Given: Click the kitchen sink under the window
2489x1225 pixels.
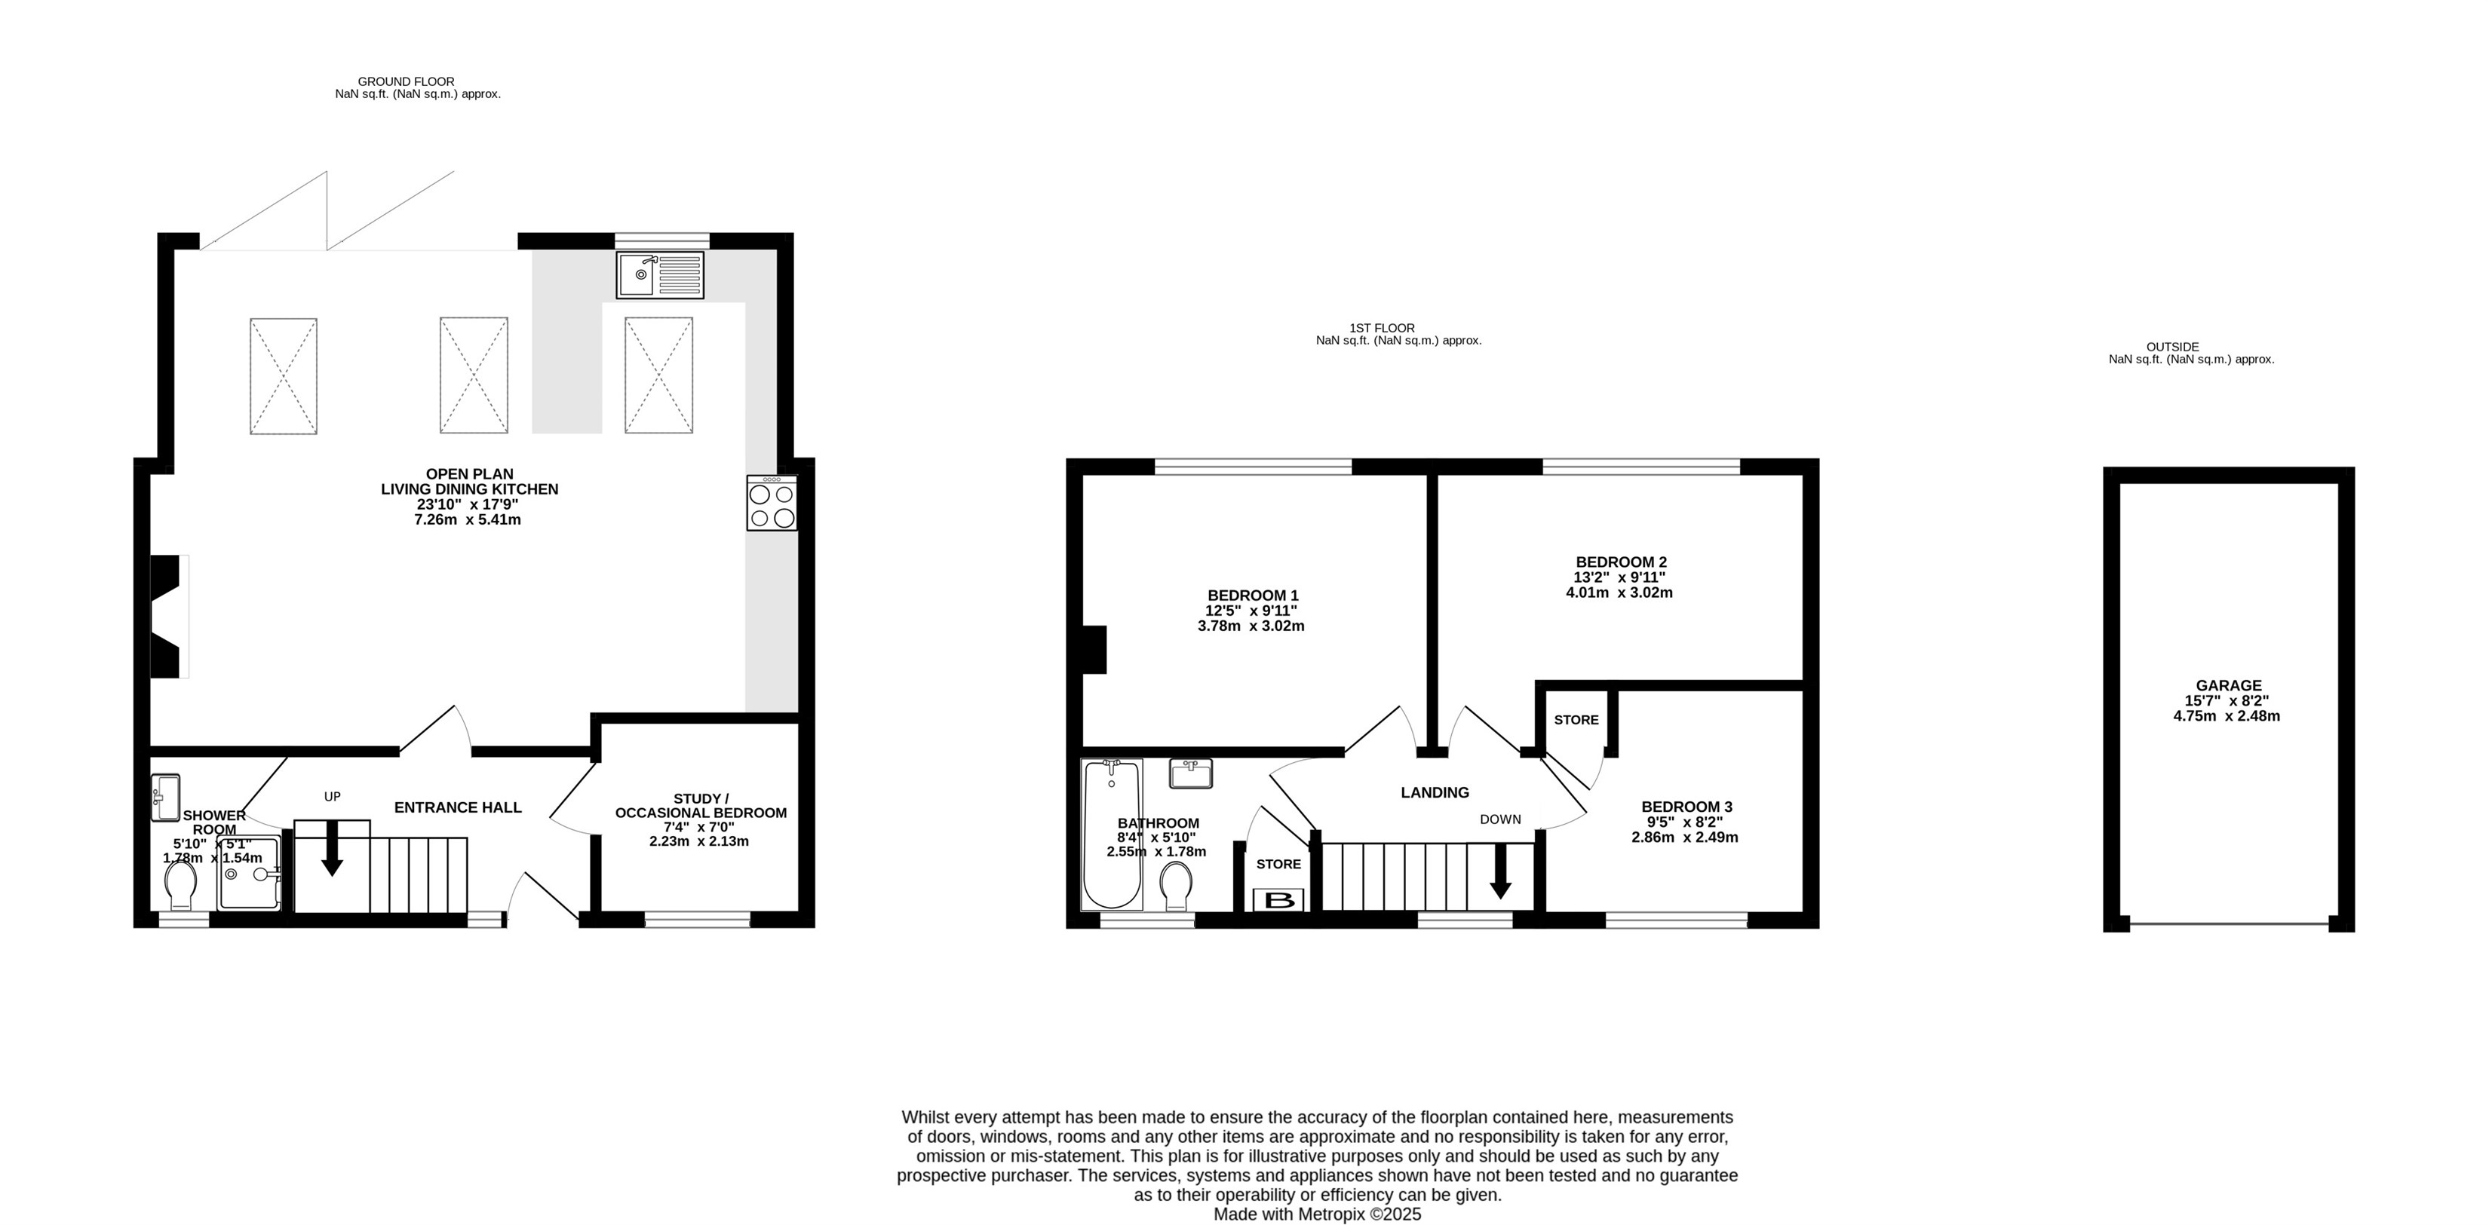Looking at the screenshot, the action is (660, 275).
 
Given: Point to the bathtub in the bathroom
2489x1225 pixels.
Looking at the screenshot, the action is (1111, 834).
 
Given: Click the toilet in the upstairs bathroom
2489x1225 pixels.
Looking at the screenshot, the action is (1176, 886).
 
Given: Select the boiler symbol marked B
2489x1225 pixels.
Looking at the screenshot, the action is (1279, 900).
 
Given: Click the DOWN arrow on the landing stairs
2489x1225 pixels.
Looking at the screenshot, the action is (1499, 871).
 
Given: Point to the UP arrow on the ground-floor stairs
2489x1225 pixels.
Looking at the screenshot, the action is (331, 848).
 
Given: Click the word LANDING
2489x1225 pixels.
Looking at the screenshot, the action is (1435, 792).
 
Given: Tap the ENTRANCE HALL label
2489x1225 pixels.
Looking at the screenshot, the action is (458, 807).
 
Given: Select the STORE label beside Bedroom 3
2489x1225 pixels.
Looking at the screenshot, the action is (1576, 720).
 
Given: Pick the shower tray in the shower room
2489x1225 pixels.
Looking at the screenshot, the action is (250, 874).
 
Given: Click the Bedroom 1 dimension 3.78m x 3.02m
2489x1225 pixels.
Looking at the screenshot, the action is (1251, 625).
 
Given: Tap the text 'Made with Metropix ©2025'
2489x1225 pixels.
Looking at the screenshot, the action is (1317, 1214).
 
